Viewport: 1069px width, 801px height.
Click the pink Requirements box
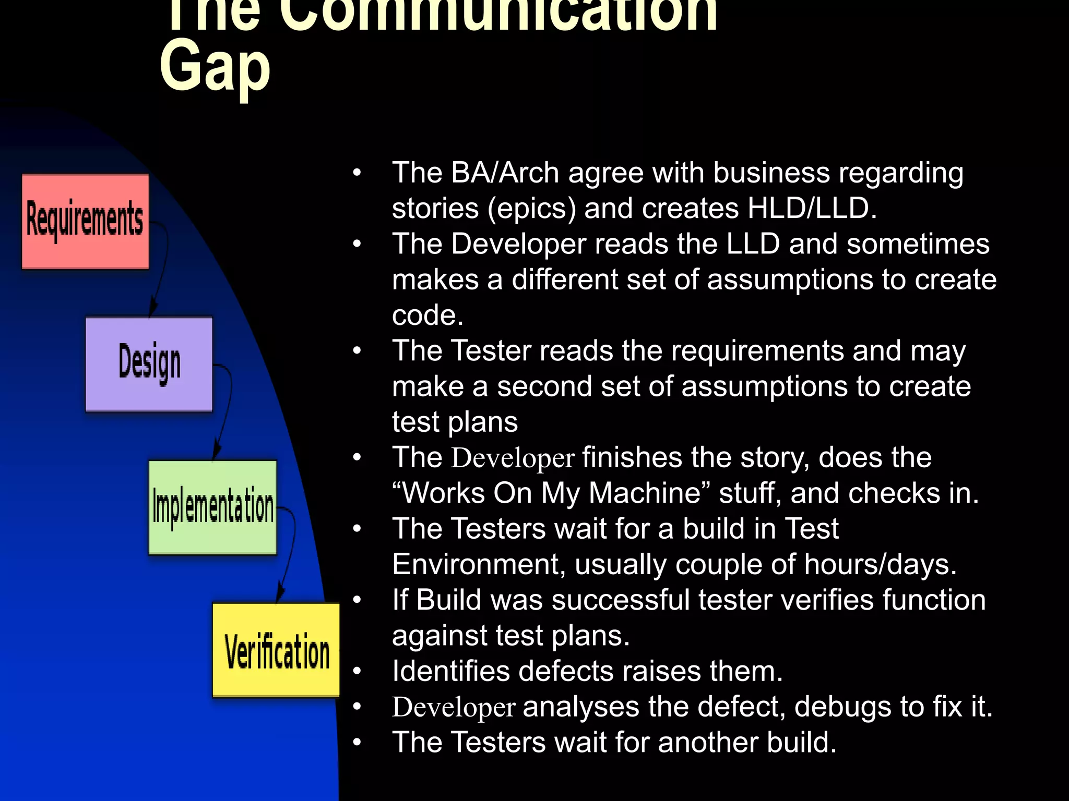coord(85,221)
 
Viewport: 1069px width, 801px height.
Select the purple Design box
coord(149,363)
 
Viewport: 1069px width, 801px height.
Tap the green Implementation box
coord(212,507)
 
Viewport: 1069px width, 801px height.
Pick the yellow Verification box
coord(276,650)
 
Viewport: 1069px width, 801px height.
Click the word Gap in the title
coord(215,68)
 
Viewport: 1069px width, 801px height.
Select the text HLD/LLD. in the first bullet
coord(812,209)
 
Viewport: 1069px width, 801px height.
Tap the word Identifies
coord(450,672)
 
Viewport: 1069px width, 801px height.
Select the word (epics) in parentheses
coord(531,209)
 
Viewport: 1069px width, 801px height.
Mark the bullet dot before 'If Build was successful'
coord(357,600)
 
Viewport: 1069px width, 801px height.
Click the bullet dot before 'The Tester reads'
coord(357,351)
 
